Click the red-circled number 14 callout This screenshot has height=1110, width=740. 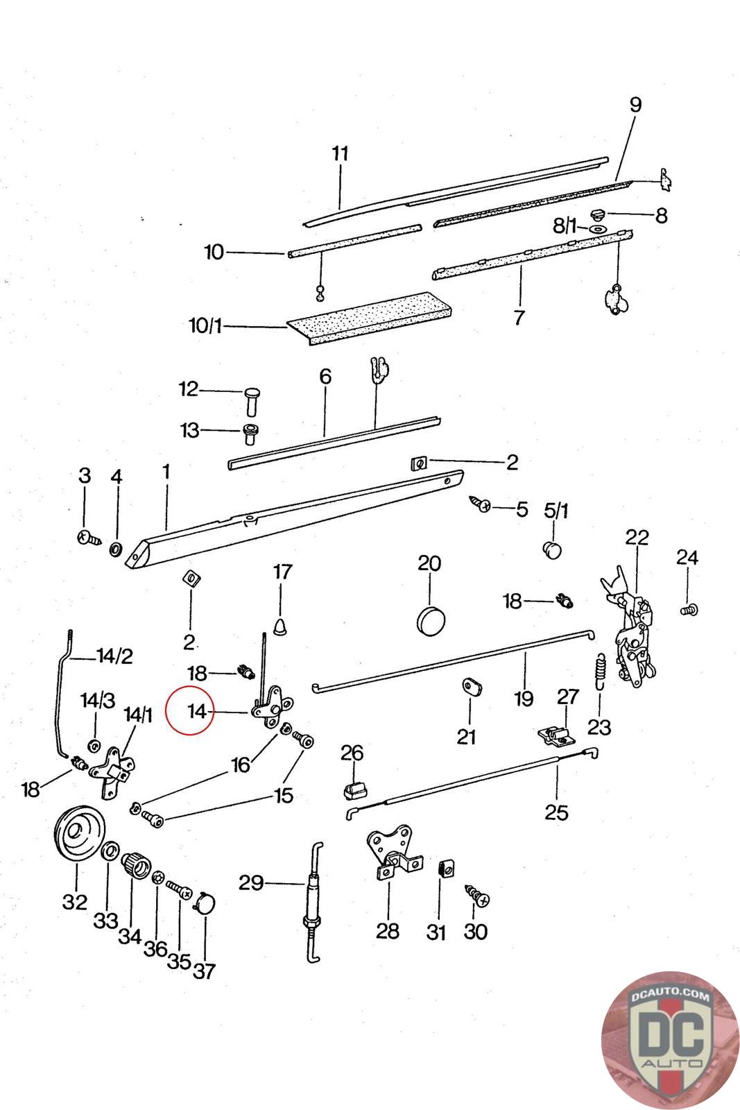(197, 712)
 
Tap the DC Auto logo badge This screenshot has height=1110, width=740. (670, 1041)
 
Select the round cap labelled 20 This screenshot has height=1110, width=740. (431, 620)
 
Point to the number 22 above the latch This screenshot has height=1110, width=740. (637, 537)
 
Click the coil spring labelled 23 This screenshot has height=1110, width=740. (601, 670)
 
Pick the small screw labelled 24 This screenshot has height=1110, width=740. (689, 609)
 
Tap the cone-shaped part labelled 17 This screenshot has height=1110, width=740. (281, 626)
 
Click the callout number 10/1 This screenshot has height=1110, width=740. (205, 326)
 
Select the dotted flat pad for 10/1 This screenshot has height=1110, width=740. (370, 318)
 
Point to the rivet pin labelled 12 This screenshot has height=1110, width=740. (252, 402)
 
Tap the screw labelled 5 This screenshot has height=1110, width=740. (479, 503)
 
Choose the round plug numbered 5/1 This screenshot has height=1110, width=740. (552, 549)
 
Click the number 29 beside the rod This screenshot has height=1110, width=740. (251, 882)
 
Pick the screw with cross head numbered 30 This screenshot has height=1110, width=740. (477, 896)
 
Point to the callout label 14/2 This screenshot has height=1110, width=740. (115, 656)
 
